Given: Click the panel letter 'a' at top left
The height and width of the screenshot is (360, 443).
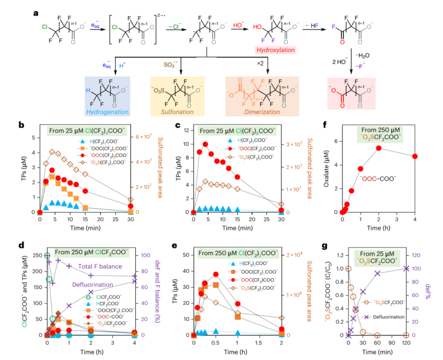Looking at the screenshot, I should coord(36,13).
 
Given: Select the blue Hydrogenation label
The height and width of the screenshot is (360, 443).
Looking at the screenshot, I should coord(107,111).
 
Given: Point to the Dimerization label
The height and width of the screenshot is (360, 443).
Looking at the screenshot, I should coord(262,112).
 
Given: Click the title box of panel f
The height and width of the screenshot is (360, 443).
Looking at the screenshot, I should coord(380,134).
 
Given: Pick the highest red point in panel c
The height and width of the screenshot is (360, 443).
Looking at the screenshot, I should coord(205,144).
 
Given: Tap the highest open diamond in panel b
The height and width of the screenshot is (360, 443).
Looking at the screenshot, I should coord(52,152).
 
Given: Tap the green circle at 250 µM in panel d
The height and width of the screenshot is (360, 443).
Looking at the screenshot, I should coord(47,255).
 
